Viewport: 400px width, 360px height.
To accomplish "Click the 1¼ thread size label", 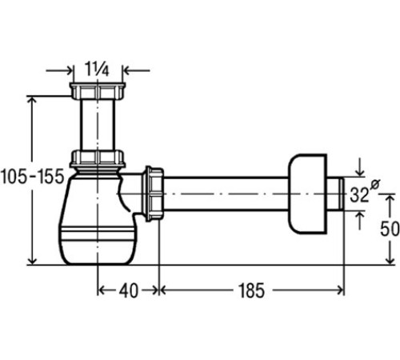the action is (97, 69).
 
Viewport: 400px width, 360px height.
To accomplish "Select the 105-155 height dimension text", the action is (32, 176).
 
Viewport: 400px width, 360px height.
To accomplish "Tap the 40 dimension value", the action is (129, 290).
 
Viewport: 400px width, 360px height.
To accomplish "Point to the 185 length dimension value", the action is (251, 290).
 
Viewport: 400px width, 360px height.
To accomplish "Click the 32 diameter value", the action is (359, 194).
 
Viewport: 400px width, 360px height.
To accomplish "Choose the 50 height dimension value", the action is (390, 229).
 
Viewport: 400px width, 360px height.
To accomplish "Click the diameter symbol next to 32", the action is (375, 184).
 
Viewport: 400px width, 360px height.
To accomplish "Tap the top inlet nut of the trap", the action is (98, 90).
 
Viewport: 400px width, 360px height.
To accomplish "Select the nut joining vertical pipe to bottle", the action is (98, 159).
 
